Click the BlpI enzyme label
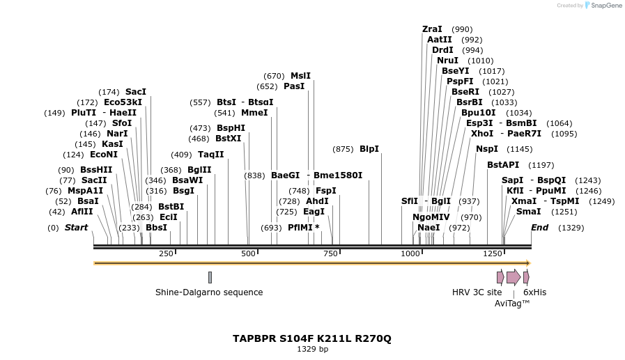[x=369, y=149]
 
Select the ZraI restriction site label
[x=432, y=29]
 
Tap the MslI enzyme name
[x=300, y=76]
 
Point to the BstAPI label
[x=503, y=165]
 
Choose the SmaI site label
[x=528, y=212]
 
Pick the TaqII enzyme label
[x=211, y=155]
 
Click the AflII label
[x=82, y=212]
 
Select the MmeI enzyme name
[x=254, y=113]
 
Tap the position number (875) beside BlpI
[x=343, y=149]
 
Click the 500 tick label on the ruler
[x=249, y=253]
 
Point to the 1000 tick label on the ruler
[x=410, y=253]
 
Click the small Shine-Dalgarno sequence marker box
[x=210, y=277]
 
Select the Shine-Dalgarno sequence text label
[x=209, y=292]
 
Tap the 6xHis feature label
[x=534, y=292]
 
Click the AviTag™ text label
[x=512, y=304]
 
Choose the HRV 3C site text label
[x=477, y=292]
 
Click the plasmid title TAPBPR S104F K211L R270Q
[x=312, y=338]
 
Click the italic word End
[x=539, y=228]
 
